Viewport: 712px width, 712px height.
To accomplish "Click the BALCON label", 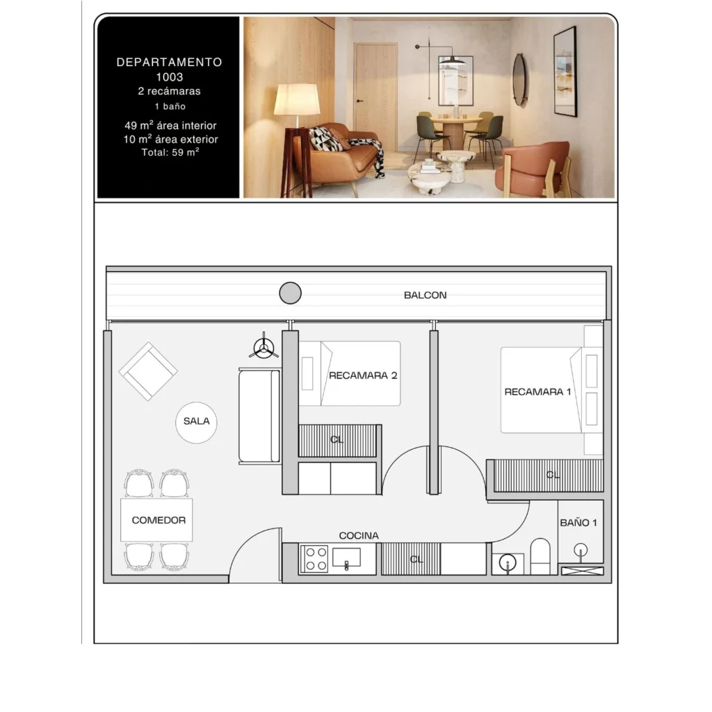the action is (x=425, y=295).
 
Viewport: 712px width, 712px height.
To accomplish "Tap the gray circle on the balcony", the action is (x=290, y=293).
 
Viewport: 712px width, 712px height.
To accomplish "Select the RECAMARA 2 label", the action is (x=363, y=375).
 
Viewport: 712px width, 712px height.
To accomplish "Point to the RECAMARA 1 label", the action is (x=537, y=391).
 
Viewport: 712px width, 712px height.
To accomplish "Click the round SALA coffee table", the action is (x=196, y=422).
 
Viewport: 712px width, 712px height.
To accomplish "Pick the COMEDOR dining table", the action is (x=156, y=520).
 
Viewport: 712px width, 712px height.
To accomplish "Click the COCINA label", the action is (x=359, y=536).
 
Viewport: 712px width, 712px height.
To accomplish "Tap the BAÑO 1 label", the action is (x=578, y=523).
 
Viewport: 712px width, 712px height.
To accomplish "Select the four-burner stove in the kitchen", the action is (x=314, y=559).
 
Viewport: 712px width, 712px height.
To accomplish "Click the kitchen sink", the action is (x=346, y=557).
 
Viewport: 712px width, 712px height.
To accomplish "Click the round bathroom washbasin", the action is (x=507, y=563).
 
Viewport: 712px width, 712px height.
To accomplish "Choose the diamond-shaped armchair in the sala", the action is (x=148, y=371).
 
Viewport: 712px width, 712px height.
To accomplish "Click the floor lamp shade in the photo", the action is (x=296, y=99).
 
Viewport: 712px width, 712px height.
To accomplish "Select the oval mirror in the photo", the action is (x=519, y=79).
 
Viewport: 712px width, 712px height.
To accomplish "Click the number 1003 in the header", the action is (x=170, y=77).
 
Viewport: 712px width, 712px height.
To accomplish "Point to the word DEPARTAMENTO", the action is (x=170, y=62).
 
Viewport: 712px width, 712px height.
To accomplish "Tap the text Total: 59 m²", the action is (x=170, y=152).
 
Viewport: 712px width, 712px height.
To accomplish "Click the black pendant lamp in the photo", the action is (x=452, y=60).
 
